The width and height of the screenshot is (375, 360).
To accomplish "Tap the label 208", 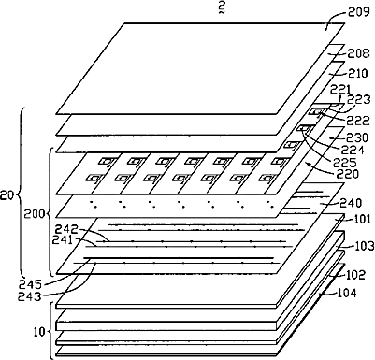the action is pyautogui.click(x=359, y=53).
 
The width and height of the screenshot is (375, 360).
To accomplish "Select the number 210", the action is pyautogui.click(x=358, y=74).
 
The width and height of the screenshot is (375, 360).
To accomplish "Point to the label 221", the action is pyautogui.click(x=341, y=90).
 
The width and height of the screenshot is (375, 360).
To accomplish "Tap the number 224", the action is pyautogui.click(x=353, y=151).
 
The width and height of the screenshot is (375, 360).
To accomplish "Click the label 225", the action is pyautogui.click(x=347, y=163).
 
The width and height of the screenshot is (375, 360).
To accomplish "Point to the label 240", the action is pyautogui.click(x=352, y=203).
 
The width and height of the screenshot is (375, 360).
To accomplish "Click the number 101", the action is pyautogui.click(x=361, y=219).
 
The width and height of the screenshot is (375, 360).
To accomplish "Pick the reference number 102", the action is pyautogui.click(x=355, y=275).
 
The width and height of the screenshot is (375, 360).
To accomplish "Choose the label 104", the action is pyautogui.click(x=346, y=293).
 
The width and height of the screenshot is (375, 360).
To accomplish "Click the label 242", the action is pyautogui.click(x=65, y=229).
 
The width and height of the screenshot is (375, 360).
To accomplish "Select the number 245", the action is pyautogui.click(x=31, y=284).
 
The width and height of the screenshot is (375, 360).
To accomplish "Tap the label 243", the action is pyautogui.click(x=31, y=296).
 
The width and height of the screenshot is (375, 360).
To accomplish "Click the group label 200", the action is pyautogui.click(x=34, y=214).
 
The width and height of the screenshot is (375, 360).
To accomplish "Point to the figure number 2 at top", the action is pyautogui.click(x=222, y=8).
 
